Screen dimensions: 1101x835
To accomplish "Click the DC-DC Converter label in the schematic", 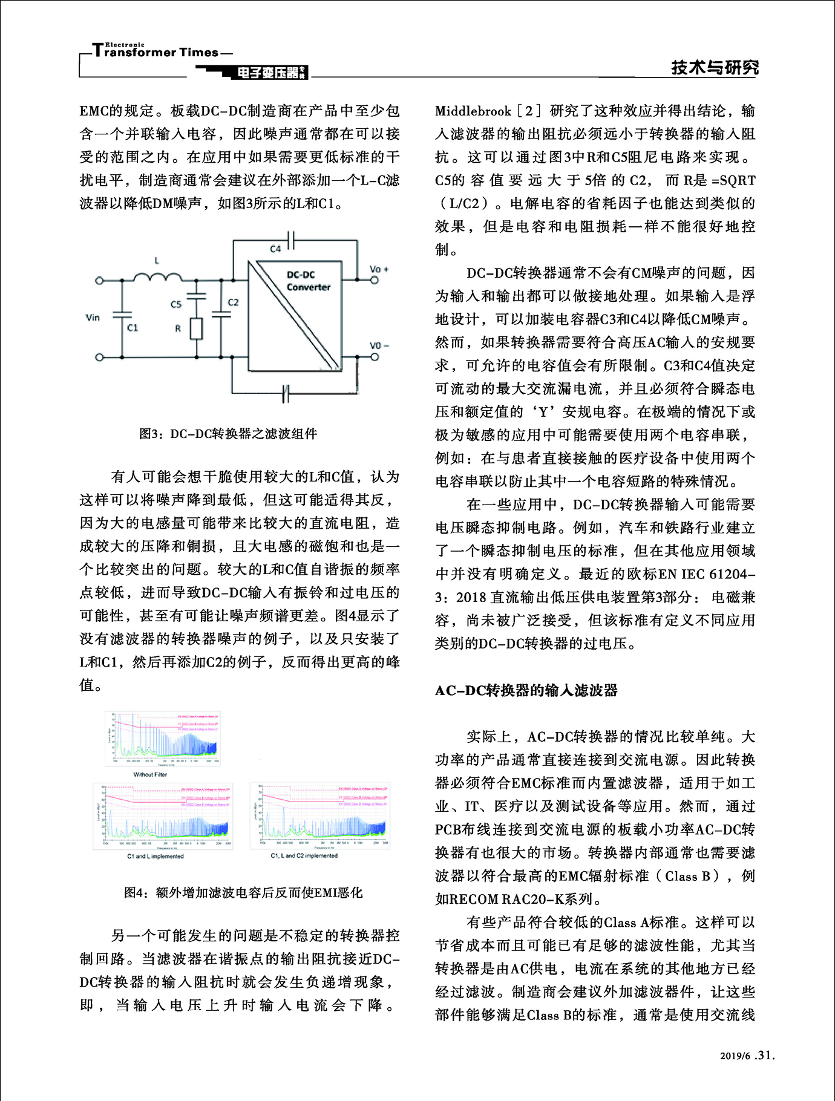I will (308, 281).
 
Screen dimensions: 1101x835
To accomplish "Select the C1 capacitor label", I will (133, 327).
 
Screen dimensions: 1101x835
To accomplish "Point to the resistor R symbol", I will (196, 328).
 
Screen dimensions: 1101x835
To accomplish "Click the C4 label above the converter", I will (275, 249).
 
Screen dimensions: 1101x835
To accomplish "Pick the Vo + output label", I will (379, 269).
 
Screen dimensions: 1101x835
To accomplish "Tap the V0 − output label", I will (379, 345).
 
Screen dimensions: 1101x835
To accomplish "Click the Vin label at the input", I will (93, 317).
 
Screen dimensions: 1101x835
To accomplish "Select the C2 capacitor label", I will (233, 302).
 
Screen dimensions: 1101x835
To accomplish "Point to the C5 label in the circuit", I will (175, 304).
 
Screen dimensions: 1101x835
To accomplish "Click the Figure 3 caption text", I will (228, 434).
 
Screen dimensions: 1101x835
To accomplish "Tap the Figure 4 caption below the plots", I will (243, 892).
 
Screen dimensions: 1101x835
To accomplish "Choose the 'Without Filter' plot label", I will (150, 774).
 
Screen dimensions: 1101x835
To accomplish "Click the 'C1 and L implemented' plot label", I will (155, 856).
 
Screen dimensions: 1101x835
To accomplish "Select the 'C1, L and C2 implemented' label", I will (304, 855).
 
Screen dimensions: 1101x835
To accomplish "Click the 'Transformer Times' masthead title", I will (156, 52).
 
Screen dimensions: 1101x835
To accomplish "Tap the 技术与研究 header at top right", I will (714, 67).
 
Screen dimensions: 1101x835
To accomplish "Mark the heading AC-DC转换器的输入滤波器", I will (526, 690).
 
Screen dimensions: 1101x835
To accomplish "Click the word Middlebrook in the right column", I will (473, 111).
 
